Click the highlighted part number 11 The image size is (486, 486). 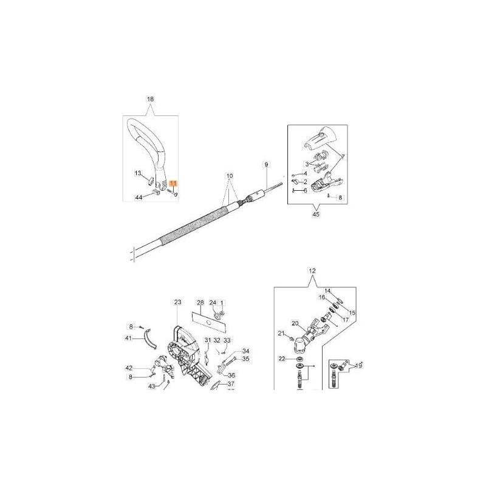tap(173, 183)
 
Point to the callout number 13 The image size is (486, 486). tap(138, 173)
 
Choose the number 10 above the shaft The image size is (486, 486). tap(229, 176)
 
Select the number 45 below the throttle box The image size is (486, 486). tap(315, 214)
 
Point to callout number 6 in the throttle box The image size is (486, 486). tap(306, 190)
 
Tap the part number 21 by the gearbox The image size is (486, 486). tap(281, 333)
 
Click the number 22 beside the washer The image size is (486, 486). tap(281, 359)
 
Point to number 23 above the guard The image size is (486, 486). tap(177, 302)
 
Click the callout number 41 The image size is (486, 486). tap(128, 338)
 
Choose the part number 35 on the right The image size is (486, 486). tap(229, 359)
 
